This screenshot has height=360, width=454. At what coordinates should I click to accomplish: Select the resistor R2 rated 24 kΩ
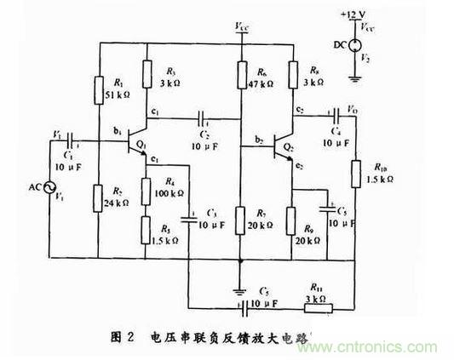(x=101, y=197)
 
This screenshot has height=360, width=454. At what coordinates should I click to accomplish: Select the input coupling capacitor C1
(x=69, y=138)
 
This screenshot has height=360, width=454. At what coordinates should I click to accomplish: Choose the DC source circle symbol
(x=354, y=44)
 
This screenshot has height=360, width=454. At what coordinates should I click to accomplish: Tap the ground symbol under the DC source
(x=354, y=77)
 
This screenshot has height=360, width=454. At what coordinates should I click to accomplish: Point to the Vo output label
(x=351, y=109)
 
